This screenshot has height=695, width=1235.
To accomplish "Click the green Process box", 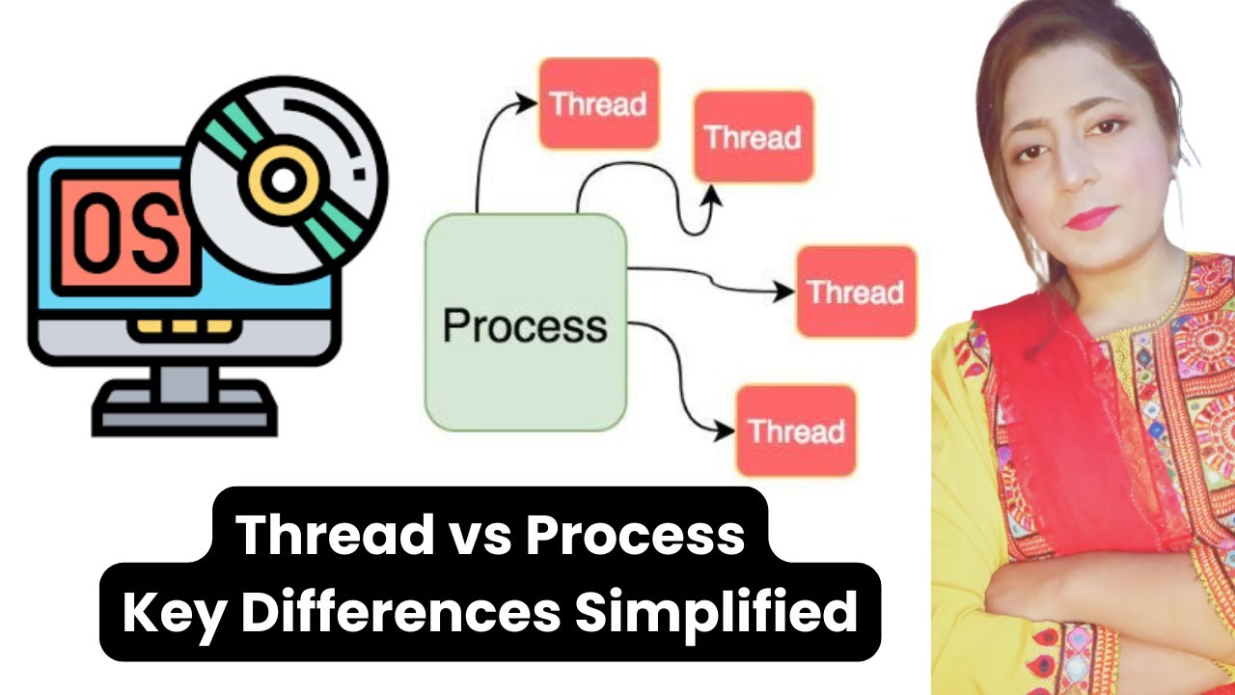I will coord(526,322).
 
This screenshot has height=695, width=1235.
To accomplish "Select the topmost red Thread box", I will coord(598,103).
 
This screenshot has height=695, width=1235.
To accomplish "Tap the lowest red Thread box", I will coord(796,430).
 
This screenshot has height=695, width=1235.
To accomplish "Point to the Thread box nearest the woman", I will coord(855,292).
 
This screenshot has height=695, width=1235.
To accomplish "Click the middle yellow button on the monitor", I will coord(184,326).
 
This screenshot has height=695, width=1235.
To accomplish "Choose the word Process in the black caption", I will coord(634,536).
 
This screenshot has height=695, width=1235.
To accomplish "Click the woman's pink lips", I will coord(1091,217).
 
